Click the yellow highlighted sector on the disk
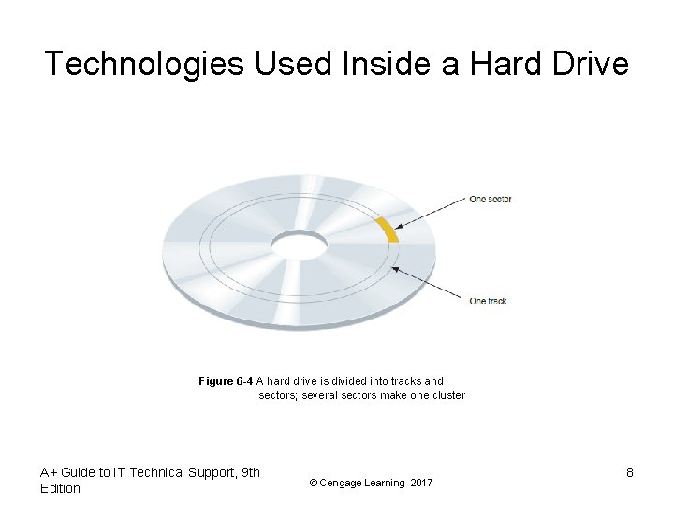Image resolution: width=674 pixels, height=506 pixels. [388, 231]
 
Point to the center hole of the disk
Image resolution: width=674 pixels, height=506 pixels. [299, 246]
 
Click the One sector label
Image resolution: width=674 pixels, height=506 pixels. [490, 199]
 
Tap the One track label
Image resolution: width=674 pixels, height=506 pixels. [488, 301]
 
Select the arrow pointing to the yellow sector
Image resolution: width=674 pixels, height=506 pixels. [430, 213]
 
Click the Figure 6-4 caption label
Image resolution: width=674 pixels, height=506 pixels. [226, 381]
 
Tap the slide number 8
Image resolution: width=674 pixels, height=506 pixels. [630, 473]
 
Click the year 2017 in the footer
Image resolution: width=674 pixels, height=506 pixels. [421, 483]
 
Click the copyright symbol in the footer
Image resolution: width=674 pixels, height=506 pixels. [314, 483]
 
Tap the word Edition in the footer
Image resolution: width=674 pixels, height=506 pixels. [61, 488]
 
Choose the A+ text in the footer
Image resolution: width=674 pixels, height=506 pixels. [49, 472]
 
